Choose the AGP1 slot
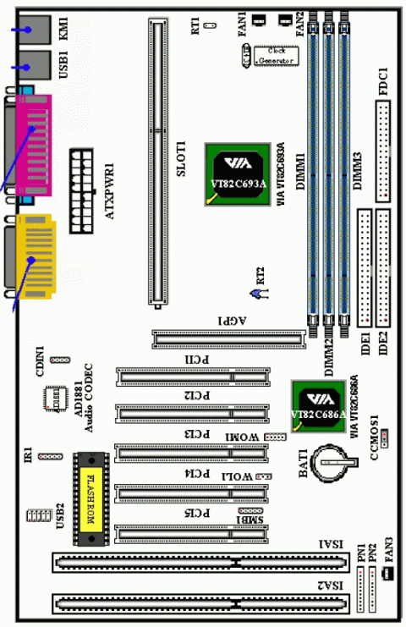tap(228, 339)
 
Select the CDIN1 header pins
tap(58, 360)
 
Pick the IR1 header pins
tap(51, 456)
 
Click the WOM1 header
tap(277, 437)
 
